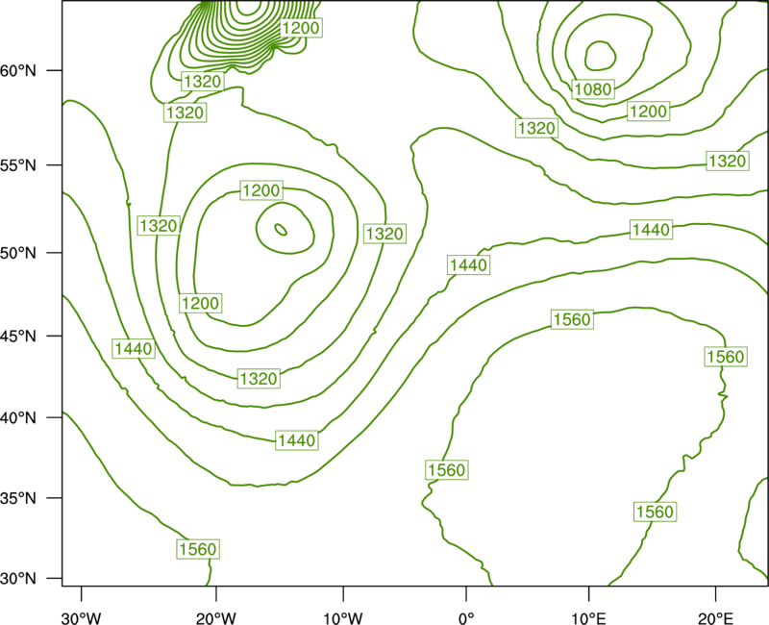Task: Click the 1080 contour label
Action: (x=593, y=89)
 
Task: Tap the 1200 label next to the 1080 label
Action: (x=648, y=112)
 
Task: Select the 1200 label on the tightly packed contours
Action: (x=301, y=28)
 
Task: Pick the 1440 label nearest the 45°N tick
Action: (x=134, y=349)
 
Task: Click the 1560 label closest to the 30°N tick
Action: (x=198, y=549)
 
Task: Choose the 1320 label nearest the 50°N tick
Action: (x=158, y=226)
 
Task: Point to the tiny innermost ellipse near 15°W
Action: (x=281, y=229)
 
